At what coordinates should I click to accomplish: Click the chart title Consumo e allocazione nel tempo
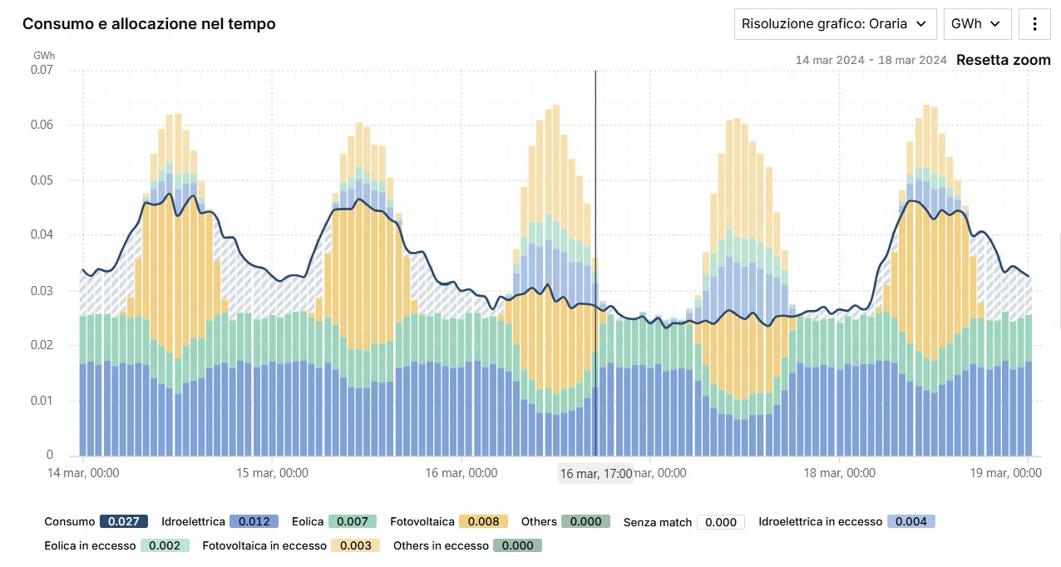(x=149, y=24)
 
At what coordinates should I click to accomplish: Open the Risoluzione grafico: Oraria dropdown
(x=835, y=24)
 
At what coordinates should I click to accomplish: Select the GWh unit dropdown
(x=977, y=24)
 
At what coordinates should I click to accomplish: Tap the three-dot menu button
(x=1034, y=24)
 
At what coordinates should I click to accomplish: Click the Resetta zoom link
(x=1003, y=60)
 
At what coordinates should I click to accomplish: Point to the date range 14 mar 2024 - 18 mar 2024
(x=871, y=60)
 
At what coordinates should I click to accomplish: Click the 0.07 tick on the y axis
(x=42, y=70)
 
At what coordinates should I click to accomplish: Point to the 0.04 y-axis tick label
(x=42, y=235)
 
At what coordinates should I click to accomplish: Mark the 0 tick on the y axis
(x=49, y=456)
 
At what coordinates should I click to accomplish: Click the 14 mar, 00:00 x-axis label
(x=82, y=473)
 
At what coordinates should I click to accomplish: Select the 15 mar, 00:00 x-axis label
(x=272, y=473)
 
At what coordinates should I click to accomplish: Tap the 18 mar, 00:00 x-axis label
(x=839, y=473)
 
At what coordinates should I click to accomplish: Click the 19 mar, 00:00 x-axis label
(x=1005, y=473)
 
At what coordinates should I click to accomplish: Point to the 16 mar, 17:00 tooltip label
(x=596, y=474)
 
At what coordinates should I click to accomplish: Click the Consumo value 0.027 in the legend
(x=124, y=521)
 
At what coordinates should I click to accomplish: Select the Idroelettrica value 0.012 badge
(x=254, y=521)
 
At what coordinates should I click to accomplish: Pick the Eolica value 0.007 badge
(x=353, y=521)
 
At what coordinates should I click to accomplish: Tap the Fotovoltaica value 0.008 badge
(x=483, y=521)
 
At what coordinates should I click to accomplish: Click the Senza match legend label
(x=657, y=522)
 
